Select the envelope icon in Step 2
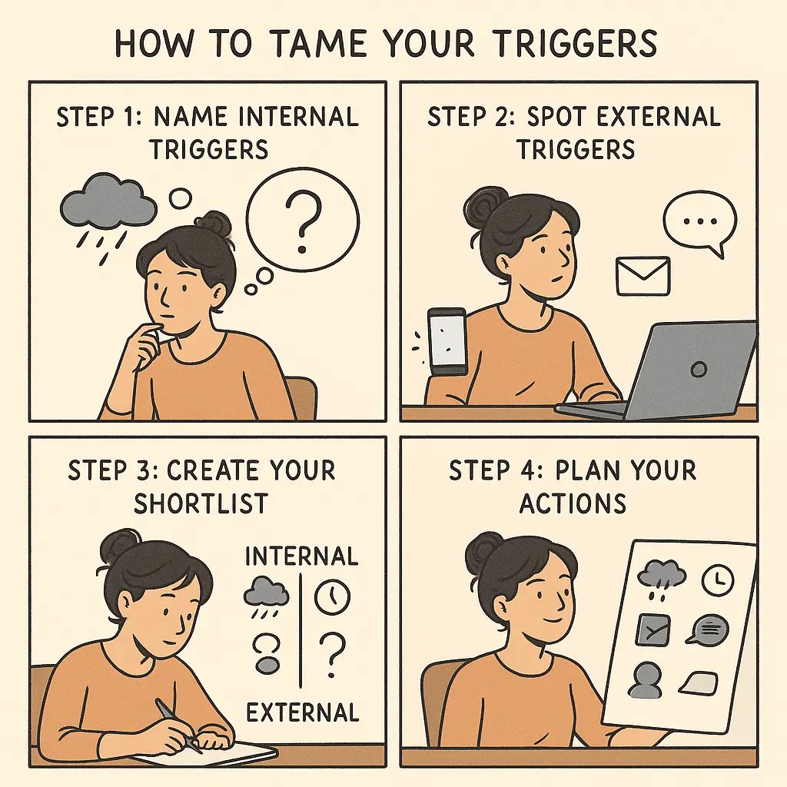(x=643, y=276)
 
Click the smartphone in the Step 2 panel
(x=447, y=341)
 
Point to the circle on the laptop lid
(x=699, y=370)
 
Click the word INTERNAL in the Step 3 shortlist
(x=301, y=556)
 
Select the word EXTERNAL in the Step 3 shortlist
(x=302, y=712)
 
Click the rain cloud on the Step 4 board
(x=661, y=575)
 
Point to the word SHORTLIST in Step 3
(x=201, y=504)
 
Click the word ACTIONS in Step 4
(x=573, y=504)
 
